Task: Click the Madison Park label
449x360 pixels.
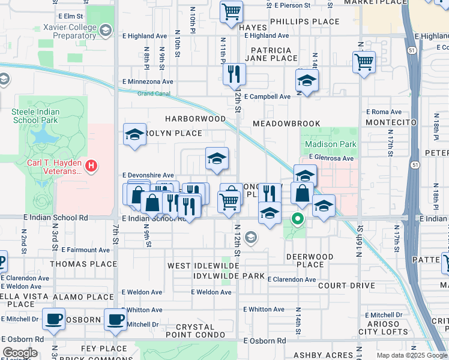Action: (330, 144)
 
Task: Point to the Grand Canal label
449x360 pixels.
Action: (154, 94)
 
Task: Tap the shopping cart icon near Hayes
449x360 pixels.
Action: (231, 11)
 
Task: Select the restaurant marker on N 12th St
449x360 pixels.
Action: (234, 74)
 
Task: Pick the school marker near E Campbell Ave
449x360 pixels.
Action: (307, 80)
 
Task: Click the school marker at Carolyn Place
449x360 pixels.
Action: (134, 134)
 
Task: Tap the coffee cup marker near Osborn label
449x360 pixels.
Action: (115, 319)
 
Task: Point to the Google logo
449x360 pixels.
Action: (20, 353)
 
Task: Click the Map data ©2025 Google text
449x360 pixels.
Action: (412, 355)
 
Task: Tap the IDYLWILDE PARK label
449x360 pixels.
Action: (229, 275)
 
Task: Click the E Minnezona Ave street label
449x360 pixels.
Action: (148, 82)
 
